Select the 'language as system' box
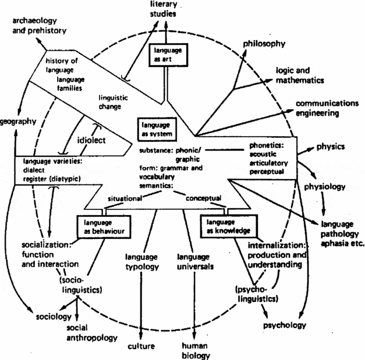[x=154, y=129]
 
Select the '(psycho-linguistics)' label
[x=258, y=294]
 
